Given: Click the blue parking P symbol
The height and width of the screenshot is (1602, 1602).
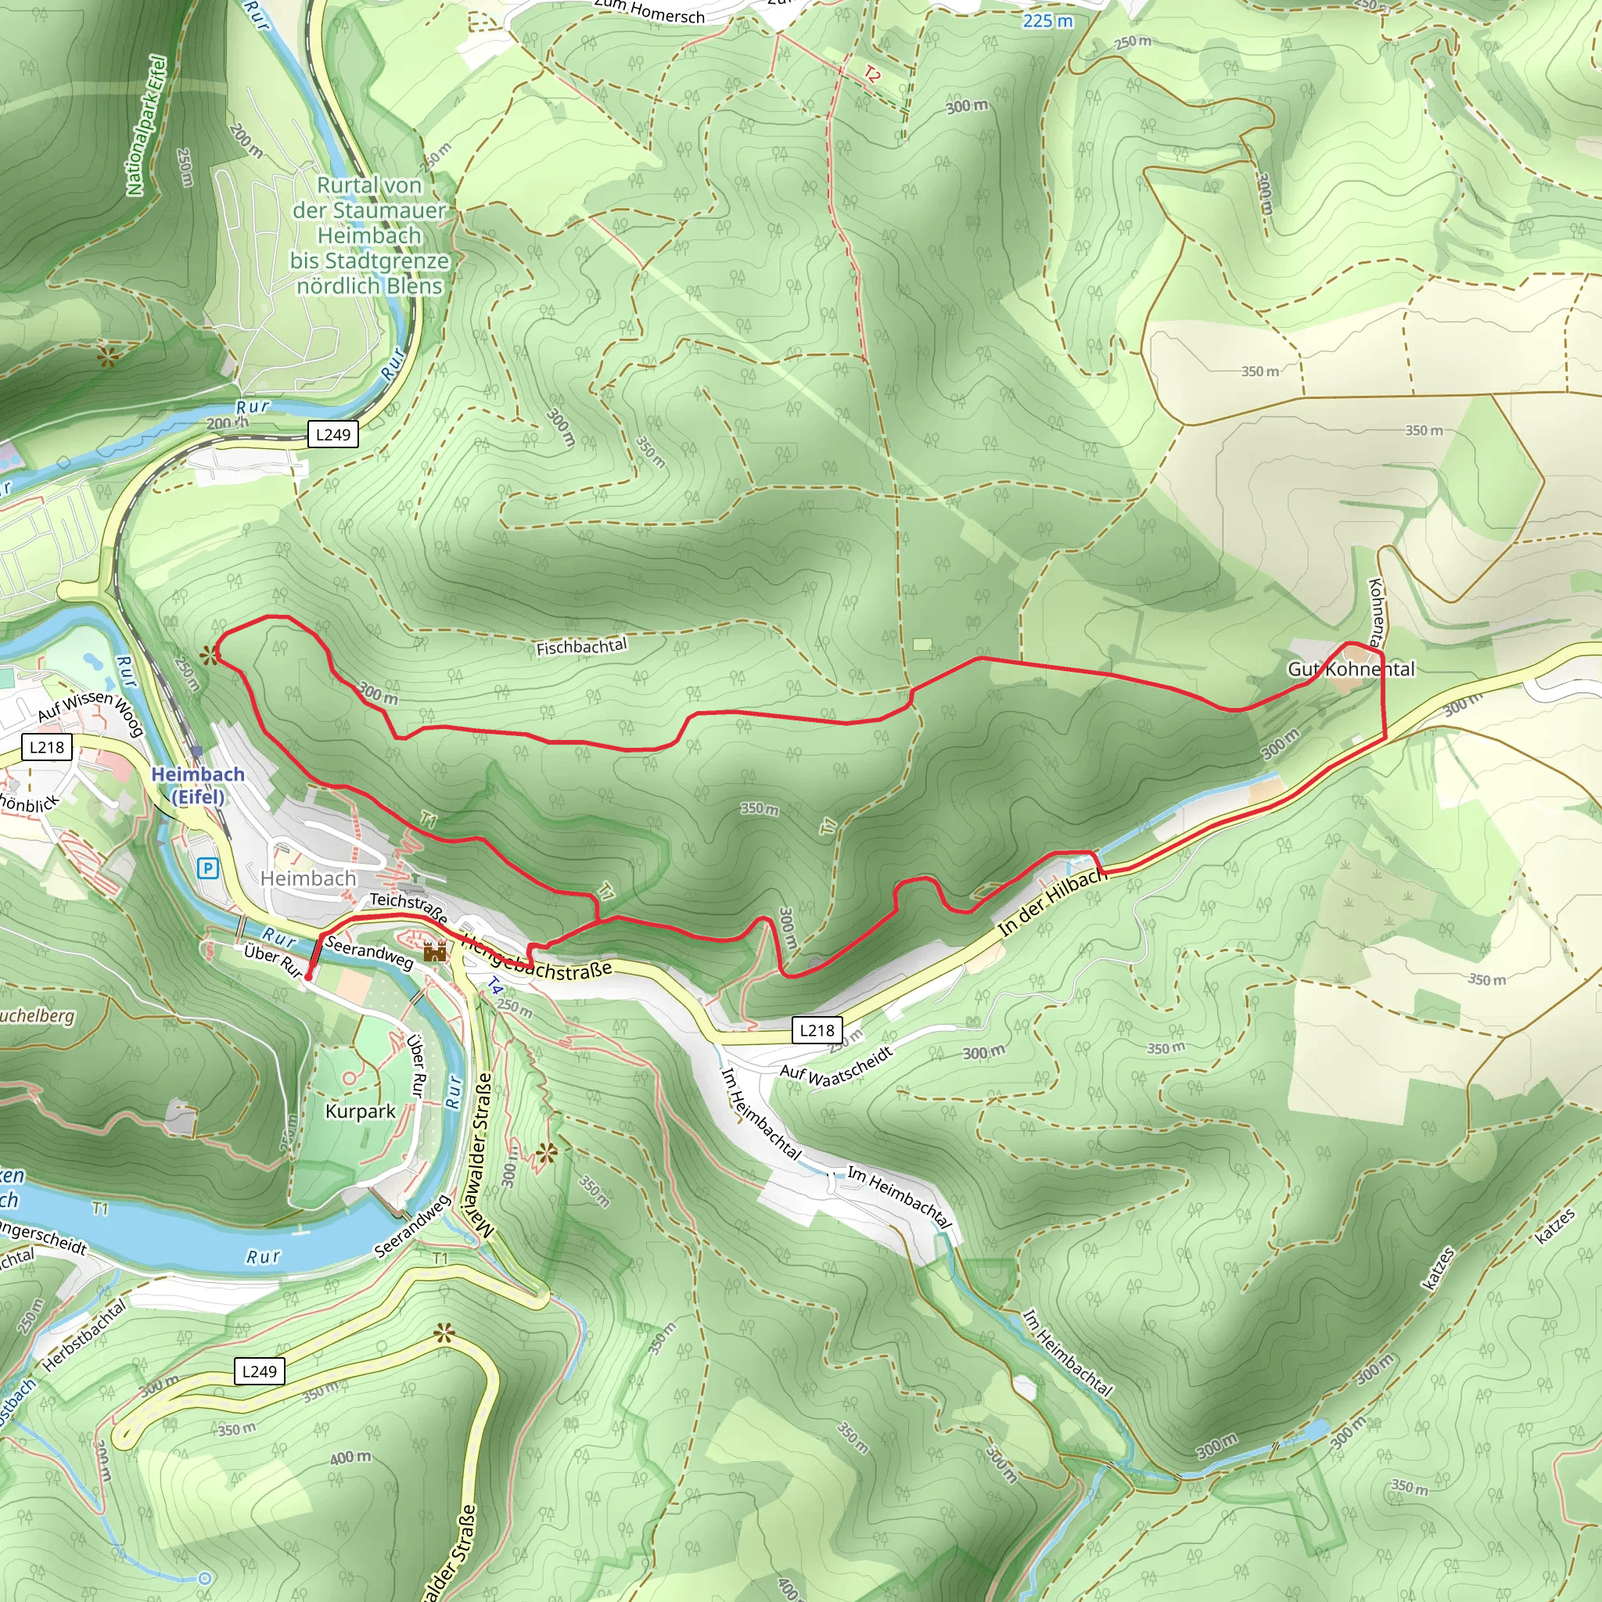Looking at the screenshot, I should click(207, 868).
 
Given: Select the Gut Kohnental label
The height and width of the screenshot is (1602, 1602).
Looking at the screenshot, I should click(1351, 669).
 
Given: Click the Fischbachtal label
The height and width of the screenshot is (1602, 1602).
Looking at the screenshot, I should click(581, 647).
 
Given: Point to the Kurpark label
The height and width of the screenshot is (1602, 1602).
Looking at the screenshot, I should click(360, 1111).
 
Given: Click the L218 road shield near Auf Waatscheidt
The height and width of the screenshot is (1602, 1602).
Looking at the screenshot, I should click(817, 1030).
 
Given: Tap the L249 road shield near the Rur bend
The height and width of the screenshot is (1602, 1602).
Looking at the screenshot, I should click(332, 434).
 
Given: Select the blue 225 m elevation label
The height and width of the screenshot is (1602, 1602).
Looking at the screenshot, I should click(1047, 21).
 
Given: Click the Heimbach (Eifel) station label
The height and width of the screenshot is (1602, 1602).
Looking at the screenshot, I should click(198, 785).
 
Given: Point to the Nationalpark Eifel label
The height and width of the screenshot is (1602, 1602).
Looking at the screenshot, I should click(146, 125).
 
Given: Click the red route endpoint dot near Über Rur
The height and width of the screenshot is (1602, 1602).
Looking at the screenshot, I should click(308, 978).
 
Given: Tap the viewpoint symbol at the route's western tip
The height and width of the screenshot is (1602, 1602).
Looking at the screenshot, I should click(210, 655).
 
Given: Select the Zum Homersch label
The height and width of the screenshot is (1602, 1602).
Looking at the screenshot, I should click(648, 10).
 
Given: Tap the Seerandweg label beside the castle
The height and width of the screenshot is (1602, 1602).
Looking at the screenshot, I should click(369, 953).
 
